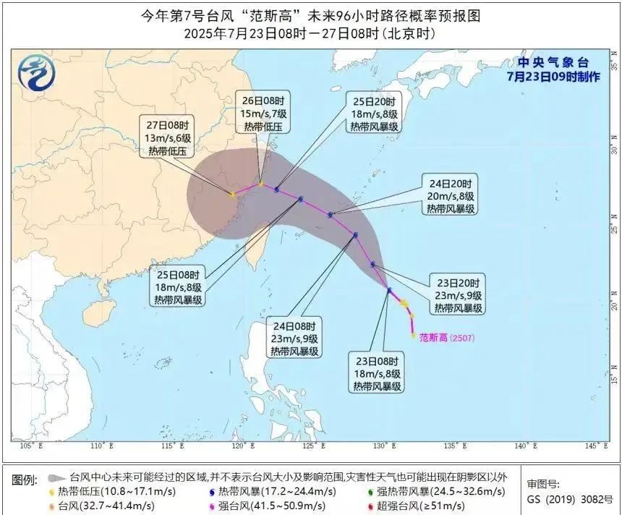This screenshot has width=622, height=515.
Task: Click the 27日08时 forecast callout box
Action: click(168, 138)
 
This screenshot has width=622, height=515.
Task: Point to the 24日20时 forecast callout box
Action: click(450, 195)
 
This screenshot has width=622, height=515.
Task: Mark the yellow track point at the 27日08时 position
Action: click(232, 195)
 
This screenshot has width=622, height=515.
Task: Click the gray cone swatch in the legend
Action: click(55, 478)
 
